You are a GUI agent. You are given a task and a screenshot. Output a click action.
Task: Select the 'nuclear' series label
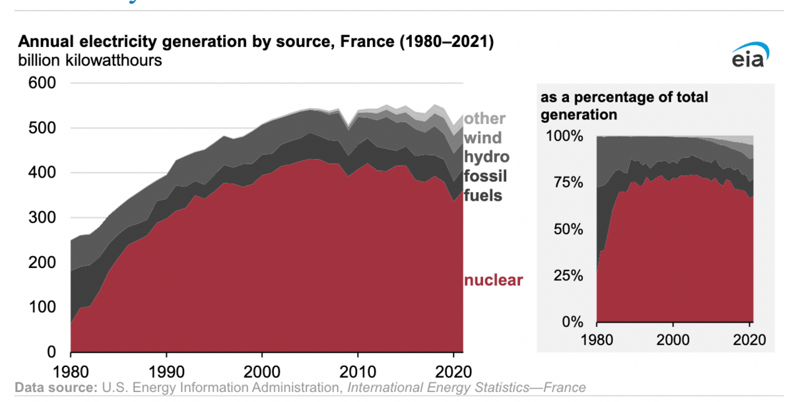494,280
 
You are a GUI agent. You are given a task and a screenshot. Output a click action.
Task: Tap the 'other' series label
484,119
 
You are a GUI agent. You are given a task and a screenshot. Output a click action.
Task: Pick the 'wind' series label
483,138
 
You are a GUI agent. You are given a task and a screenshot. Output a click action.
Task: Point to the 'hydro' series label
487,157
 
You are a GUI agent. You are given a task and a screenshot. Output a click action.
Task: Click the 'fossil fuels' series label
484,186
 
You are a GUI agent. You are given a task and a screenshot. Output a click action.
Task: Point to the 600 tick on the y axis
42,83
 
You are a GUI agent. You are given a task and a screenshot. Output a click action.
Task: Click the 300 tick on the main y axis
42,218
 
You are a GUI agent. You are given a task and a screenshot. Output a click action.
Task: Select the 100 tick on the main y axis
42,308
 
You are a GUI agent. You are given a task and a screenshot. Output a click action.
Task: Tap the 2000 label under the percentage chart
673,341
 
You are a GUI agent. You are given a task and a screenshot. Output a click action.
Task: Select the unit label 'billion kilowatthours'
90,61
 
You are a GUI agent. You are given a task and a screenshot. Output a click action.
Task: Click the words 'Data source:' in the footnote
55,387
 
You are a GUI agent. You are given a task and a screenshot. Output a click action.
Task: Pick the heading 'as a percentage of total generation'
624,106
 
